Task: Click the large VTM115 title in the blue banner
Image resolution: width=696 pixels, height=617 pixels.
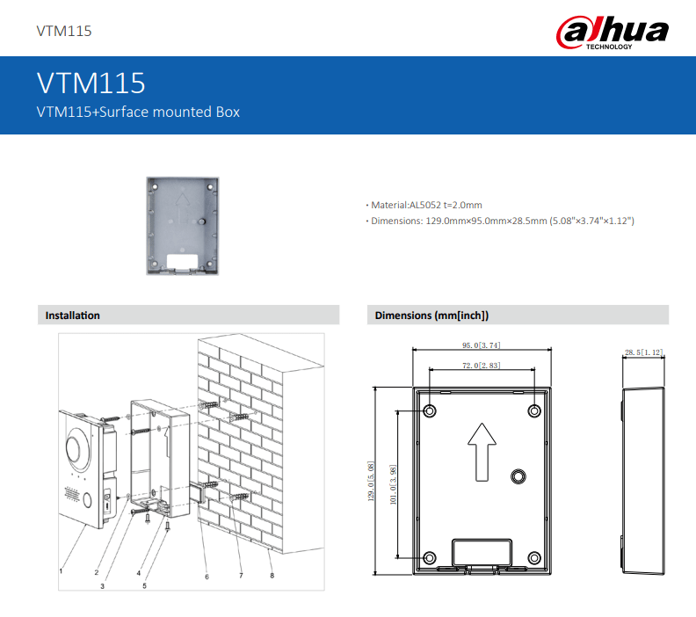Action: (x=91, y=83)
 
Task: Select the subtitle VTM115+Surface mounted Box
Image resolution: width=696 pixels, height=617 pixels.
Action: (x=137, y=112)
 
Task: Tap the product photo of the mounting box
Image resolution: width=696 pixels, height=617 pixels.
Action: (x=185, y=226)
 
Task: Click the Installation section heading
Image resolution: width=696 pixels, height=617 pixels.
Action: (x=73, y=316)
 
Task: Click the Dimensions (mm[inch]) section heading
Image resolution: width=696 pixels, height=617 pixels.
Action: (x=431, y=316)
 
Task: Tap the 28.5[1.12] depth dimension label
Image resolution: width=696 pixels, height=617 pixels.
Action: (x=643, y=352)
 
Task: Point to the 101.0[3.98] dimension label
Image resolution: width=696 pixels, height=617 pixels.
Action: (x=393, y=484)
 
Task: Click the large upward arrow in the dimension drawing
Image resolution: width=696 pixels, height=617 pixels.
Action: (x=481, y=451)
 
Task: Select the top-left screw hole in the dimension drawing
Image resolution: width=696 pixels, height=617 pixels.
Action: (x=430, y=411)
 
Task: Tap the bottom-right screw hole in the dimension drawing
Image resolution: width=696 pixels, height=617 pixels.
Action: (x=534, y=557)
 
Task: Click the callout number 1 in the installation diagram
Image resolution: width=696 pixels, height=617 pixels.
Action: (x=61, y=570)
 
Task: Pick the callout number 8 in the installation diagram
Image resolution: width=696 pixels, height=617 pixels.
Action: (x=272, y=576)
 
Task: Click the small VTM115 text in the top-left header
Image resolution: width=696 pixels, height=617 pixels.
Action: (x=64, y=32)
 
